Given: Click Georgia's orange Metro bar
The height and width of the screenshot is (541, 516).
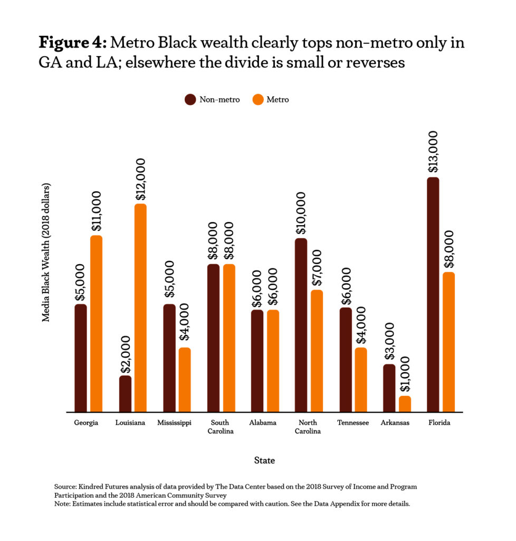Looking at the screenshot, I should (96, 323).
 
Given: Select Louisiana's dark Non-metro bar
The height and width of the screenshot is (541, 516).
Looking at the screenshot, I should (125, 394).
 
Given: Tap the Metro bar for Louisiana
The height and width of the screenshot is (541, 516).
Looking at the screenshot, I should (140, 307).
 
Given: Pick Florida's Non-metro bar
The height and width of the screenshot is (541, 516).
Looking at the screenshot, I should (433, 294).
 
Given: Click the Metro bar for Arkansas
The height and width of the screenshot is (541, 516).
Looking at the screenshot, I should (405, 404).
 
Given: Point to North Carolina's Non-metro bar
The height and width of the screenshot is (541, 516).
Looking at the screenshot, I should (301, 325).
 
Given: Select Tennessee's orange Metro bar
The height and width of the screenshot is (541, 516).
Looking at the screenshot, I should (361, 379).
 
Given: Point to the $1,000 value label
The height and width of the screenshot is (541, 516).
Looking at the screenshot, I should (405, 375).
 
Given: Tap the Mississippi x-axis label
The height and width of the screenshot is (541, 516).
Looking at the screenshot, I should (174, 423).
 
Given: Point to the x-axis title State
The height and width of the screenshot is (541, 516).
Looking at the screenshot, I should (264, 461).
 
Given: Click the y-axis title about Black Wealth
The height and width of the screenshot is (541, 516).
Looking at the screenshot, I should (46, 253).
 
